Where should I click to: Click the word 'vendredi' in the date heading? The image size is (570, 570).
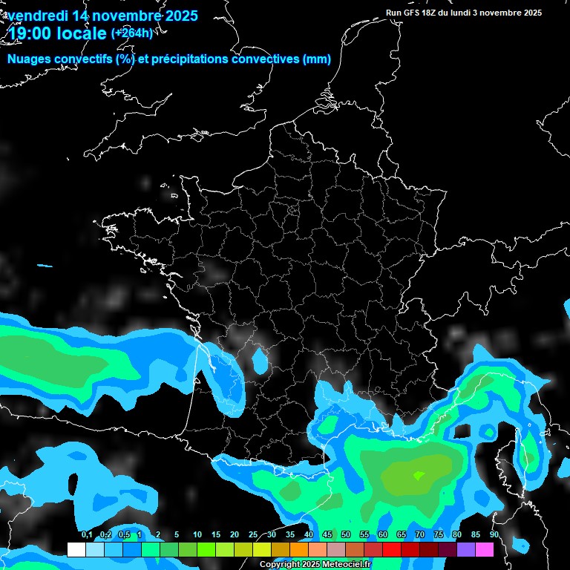39,16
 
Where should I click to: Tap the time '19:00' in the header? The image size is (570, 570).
31,33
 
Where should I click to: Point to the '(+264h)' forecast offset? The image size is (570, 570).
132,33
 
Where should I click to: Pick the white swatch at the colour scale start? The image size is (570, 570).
76,550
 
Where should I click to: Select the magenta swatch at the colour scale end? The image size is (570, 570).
485,550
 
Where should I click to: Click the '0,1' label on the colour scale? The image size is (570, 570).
87,535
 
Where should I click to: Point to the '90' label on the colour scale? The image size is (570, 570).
494,535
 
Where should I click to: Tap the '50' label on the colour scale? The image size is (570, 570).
346,535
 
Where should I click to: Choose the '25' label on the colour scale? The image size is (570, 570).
253,535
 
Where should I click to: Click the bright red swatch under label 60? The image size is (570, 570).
392,550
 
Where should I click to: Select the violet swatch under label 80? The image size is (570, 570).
466,550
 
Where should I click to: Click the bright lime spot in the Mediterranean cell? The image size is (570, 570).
419,475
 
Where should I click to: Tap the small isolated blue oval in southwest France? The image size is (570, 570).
260,361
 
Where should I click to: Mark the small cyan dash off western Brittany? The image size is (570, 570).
45,266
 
